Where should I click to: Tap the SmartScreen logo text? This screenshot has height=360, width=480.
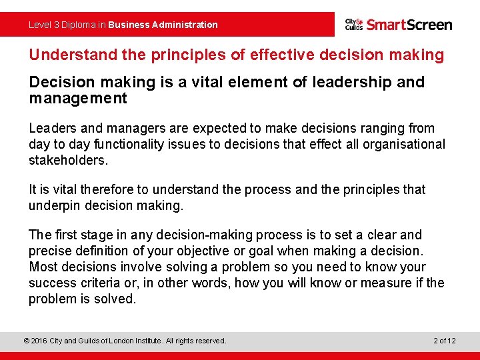coord(409,25)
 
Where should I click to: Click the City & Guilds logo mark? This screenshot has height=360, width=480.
coord(354,25)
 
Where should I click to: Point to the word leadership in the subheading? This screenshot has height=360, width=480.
coord(365,83)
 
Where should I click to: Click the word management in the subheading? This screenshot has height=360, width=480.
coord(77,99)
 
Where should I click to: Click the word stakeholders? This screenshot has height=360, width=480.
coord(67,160)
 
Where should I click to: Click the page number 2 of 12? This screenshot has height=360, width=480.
coord(444,341)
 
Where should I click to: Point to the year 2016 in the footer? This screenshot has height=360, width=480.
coord(40,341)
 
